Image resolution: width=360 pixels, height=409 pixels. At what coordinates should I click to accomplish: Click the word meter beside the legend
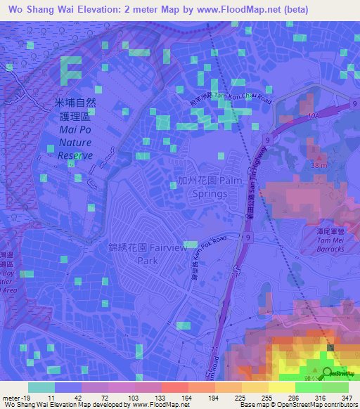[10, 398]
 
